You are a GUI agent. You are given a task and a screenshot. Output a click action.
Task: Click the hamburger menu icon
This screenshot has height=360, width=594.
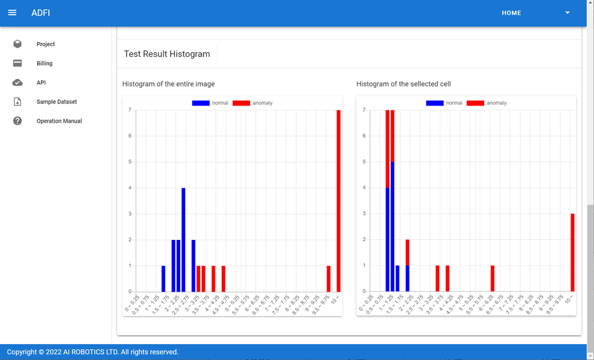click(12, 13)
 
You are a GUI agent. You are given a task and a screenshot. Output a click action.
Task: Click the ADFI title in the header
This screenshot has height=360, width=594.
click(40, 13)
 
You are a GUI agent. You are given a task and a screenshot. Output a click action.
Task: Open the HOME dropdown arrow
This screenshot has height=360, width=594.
click(567, 13)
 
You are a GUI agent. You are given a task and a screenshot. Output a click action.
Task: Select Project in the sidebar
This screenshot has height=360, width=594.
click(45, 44)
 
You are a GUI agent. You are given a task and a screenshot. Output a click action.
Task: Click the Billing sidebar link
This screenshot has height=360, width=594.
click(44, 63)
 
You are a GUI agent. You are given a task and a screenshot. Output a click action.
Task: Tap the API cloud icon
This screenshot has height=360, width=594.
click(18, 83)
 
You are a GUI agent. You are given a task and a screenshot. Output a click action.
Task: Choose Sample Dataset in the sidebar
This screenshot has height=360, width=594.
click(56, 102)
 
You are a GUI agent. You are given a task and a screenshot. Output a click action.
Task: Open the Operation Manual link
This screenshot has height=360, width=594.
click(59, 121)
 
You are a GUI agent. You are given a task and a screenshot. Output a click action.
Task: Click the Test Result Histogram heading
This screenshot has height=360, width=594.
click(167, 54)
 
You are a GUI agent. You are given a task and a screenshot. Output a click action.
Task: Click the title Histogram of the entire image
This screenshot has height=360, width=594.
click(168, 83)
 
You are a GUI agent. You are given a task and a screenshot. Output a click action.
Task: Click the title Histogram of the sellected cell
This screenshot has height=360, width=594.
click(403, 83)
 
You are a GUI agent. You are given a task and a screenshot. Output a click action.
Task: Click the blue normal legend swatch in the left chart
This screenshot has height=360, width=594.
click(200, 103)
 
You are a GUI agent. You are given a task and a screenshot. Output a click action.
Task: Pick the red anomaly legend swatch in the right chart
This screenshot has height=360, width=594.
click(475, 103)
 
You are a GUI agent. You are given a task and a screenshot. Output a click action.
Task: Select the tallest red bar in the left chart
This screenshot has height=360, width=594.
click(339, 201)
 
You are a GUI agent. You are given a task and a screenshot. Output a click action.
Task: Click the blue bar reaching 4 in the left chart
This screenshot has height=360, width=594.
click(183, 240)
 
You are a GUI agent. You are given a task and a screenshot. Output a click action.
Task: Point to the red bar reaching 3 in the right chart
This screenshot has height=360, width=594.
click(573, 253)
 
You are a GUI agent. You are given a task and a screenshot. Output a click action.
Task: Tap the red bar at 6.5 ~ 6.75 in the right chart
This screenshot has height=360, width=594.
click(492, 279)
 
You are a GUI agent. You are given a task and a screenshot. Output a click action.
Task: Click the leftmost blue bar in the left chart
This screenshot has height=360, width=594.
click(163, 279)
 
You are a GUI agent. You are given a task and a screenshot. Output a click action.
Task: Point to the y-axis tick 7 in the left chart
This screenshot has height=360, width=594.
click(130, 110)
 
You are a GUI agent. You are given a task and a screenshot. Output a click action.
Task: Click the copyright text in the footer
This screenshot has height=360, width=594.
click(93, 352)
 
